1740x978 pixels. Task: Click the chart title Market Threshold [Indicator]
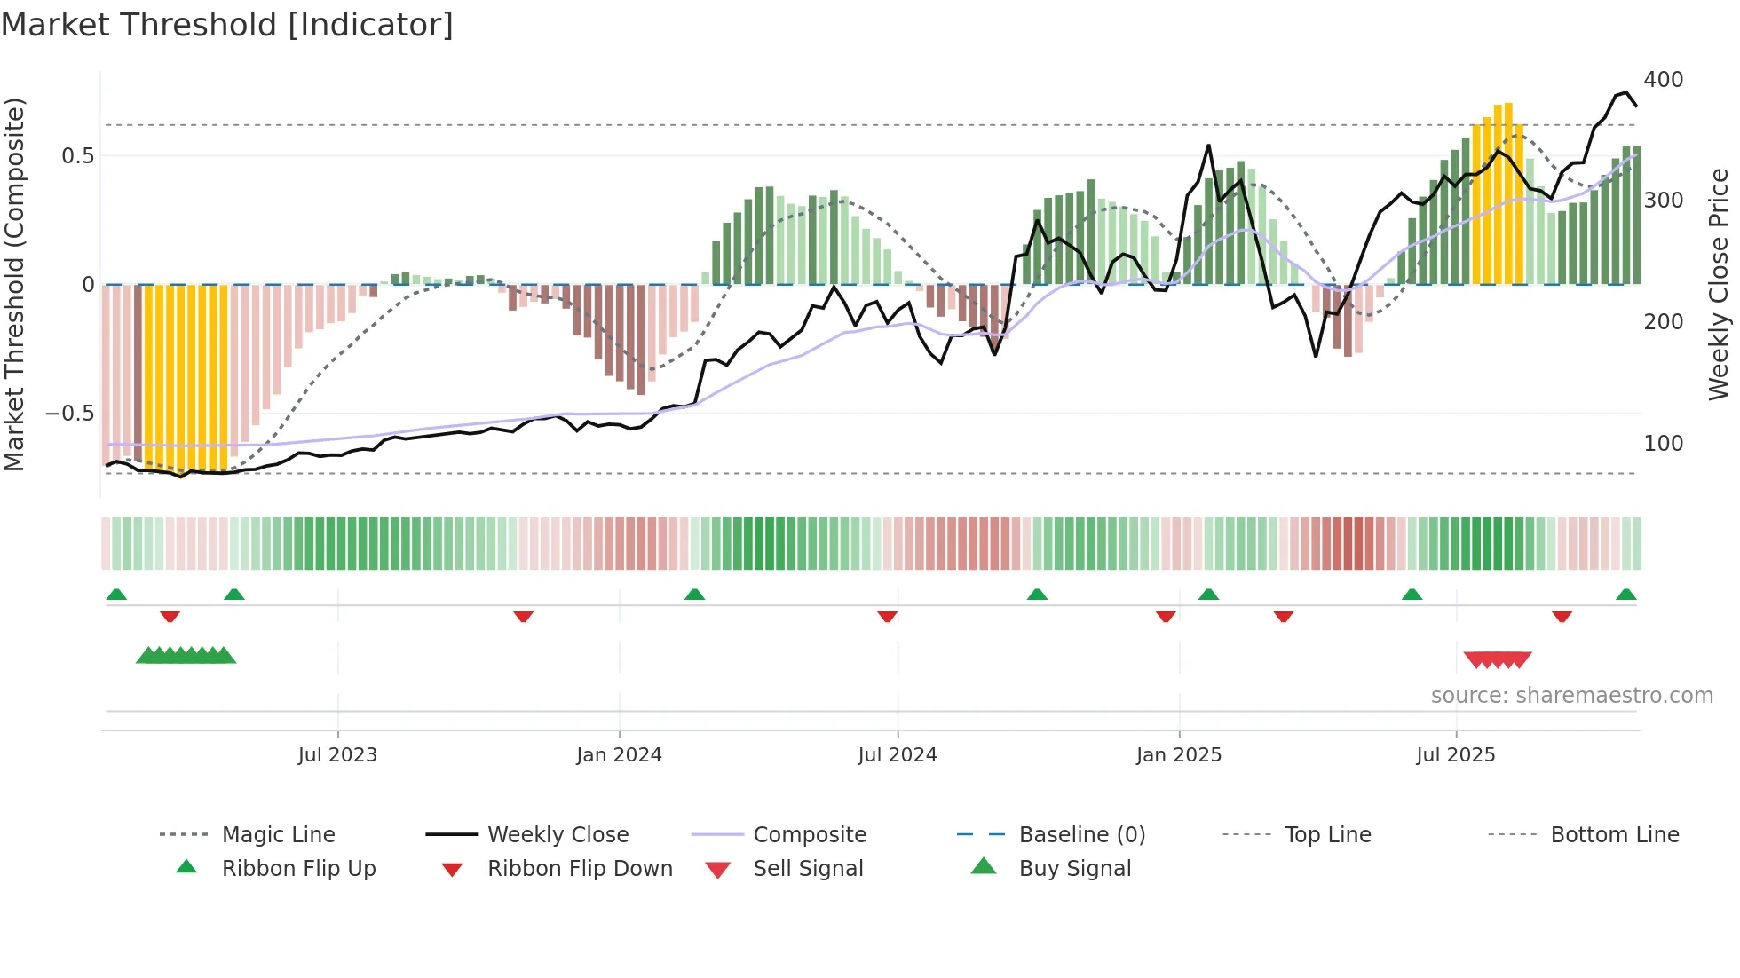point(227,25)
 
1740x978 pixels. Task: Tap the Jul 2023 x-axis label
point(337,755)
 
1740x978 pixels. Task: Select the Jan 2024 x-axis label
point(619,755)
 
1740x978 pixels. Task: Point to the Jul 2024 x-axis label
point(898,755)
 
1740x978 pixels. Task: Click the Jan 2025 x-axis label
point(1179,755)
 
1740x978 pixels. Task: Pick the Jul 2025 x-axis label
point(1456,755)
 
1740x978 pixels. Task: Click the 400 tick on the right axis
point(1663,80)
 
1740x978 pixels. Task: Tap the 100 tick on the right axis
point(1663,444)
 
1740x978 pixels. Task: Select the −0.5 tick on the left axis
point(69,414)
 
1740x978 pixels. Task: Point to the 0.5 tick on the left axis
point(77,156)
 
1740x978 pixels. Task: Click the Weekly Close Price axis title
point(1719,284)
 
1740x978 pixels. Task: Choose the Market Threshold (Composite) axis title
point(14,284)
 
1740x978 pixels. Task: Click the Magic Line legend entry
point(278,835)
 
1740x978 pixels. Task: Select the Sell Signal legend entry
point(808,869)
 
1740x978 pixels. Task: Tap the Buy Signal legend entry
point(1074,869)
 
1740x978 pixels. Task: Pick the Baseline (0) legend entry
point(1081,835)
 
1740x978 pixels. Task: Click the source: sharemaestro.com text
point(1571,696)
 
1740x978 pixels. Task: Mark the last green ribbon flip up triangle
point(1625,595)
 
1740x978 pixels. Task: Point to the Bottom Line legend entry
point(1614,835)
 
